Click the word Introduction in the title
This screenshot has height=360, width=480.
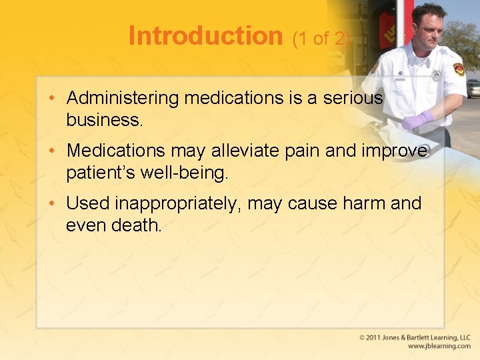pos(205,36)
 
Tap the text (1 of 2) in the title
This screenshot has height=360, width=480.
pos(321,39)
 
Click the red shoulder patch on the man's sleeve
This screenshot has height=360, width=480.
pos(458,69)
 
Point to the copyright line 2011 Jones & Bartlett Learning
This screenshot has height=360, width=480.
pos(415,338)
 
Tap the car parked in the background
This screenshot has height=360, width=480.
pos(473,87)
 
